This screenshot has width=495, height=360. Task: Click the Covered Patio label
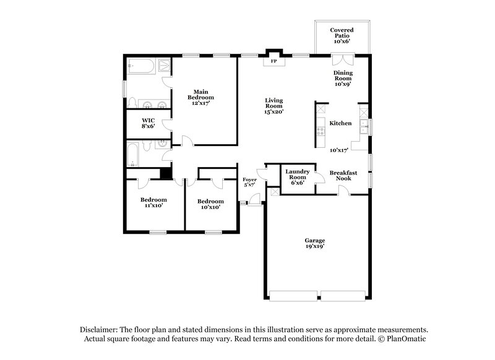point(342,35)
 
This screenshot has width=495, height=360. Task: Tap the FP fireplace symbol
point(273,61)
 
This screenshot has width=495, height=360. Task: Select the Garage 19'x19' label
point(314,243)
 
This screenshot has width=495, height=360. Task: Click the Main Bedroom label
point(201,97)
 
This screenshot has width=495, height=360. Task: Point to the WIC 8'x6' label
point(148,122)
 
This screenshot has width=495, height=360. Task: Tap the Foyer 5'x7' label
point(249,182)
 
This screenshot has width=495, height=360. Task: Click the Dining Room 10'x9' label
point(343,78)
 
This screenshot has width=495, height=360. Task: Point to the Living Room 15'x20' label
point(273,106)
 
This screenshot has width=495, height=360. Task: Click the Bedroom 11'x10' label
point(153,203)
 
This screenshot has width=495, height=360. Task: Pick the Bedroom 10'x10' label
point(210,204)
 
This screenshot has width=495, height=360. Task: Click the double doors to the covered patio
point(342,59)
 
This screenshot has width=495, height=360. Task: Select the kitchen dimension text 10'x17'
point(338,150)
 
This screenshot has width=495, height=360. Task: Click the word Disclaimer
point(98,330)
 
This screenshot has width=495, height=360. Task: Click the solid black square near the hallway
point(165,173)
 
